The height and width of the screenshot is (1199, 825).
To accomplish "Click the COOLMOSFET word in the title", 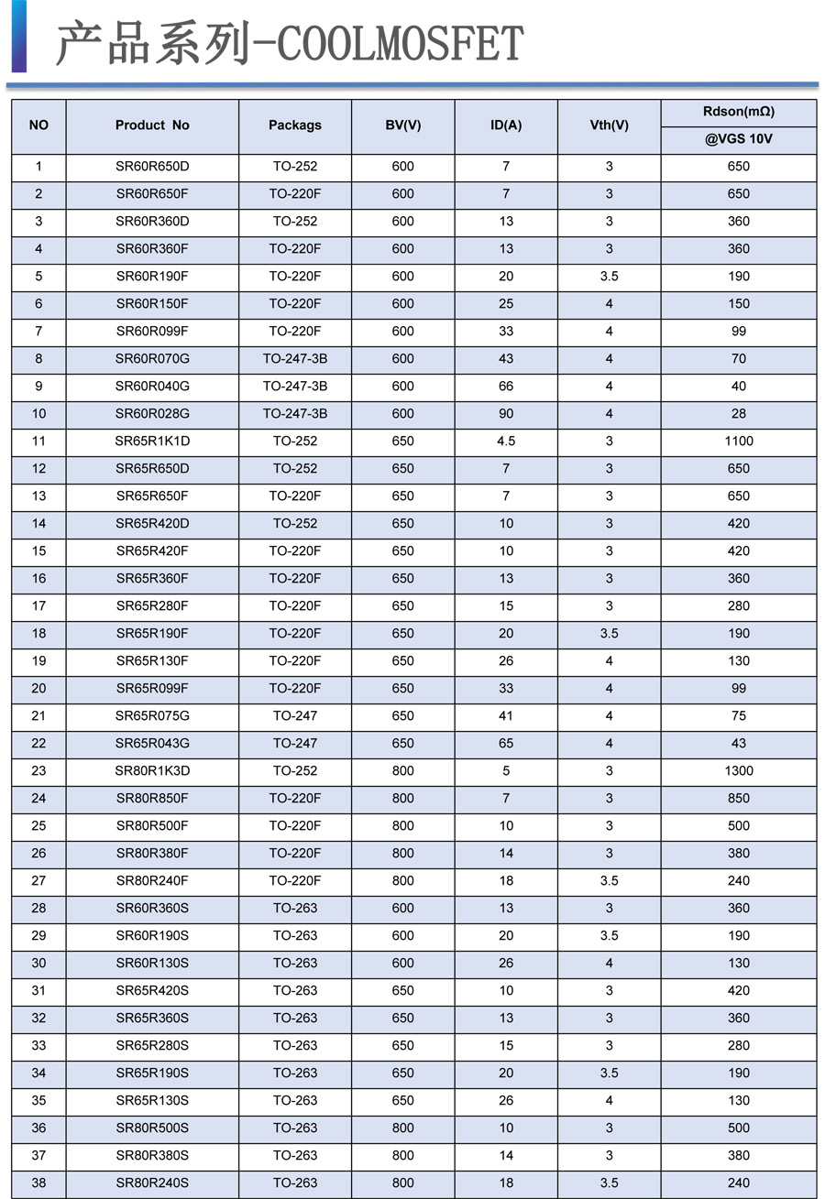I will (400, 44).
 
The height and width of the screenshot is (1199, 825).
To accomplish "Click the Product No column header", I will (152, 125).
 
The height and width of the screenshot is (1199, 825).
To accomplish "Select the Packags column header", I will (295, 125).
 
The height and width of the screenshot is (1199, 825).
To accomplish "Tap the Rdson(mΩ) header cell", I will (738, 112).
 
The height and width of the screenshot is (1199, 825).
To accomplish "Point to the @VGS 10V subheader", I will (738, 140).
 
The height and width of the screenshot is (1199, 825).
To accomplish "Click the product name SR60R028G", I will (152, 413).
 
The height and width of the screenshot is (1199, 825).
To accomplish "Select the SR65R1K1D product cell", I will (152, 441).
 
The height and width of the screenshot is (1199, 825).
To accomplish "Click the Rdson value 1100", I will (738, 441).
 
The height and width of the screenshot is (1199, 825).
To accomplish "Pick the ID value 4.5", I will (506, 441).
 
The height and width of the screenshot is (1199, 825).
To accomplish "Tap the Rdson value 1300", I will (738, 770).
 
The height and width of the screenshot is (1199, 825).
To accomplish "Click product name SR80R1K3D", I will (152, 770).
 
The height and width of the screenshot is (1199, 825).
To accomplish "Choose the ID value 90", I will (506, 413).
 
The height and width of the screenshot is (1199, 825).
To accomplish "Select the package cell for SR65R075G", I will (295, 715).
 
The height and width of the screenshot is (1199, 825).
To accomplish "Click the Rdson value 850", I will (738, 798).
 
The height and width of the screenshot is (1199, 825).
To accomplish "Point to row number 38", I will (38, 1183).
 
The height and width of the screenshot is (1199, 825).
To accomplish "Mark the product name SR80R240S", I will (152, 1183).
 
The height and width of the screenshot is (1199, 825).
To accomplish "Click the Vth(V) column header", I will (609, 125).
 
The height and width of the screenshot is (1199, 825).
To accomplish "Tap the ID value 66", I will (506, 386).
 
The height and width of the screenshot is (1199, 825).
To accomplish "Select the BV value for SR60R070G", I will (403, 358).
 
